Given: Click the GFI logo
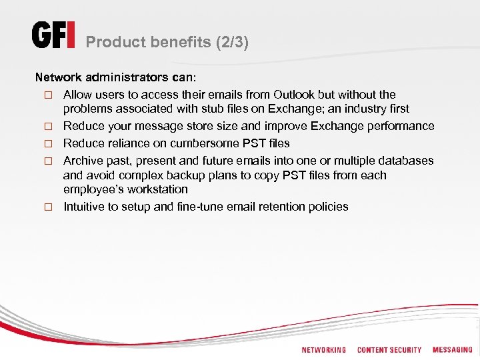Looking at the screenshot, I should click(x=53, y=35).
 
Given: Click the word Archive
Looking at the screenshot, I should click(x=83, y=161).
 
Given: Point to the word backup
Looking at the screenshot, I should click(x=195, y=175).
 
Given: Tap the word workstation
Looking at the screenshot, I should click(x=157, y=189).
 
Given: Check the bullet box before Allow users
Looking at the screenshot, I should click(x=48, y=95).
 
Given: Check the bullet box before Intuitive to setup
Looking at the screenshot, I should click(x=48, y=207).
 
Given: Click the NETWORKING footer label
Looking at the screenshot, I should click(x=323, y=350).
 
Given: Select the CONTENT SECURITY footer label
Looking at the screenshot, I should click(x=389, y=350).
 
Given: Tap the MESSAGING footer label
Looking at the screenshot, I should click(x=452, y=350).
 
